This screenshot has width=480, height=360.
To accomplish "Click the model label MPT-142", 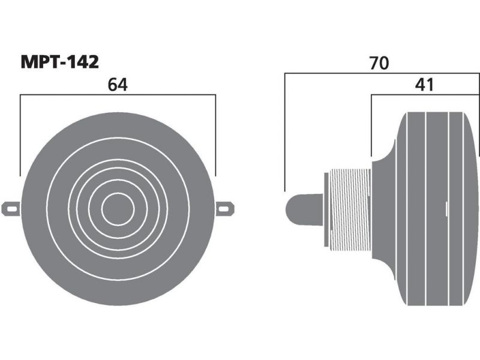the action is point(59,62).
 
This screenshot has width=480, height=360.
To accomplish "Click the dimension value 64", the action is point(118,85).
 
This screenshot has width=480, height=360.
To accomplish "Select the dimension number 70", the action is point(379,63).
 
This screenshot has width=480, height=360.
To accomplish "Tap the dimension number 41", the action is point(424,85).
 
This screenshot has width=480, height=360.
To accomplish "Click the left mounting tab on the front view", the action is point(11,209).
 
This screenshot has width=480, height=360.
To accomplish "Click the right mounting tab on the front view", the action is point(225,209).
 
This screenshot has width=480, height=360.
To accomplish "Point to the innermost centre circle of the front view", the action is point(118,209).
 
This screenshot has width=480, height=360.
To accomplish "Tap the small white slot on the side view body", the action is point(446,209).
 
